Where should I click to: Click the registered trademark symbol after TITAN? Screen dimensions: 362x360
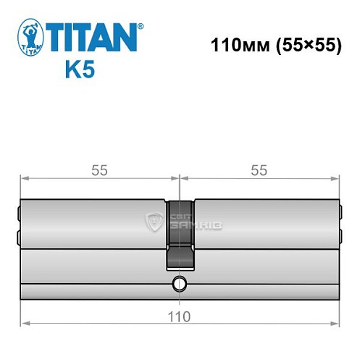coord(140,26)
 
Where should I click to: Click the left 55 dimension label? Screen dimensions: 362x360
coord(100,171)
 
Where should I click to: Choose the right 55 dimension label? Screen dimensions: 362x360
coord(259,171)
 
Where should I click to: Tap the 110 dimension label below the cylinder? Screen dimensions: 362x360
coord(179,316)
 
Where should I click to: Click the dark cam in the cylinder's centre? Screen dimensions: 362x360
coord(180,232)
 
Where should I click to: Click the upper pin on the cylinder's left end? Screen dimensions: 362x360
coord(18,213)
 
